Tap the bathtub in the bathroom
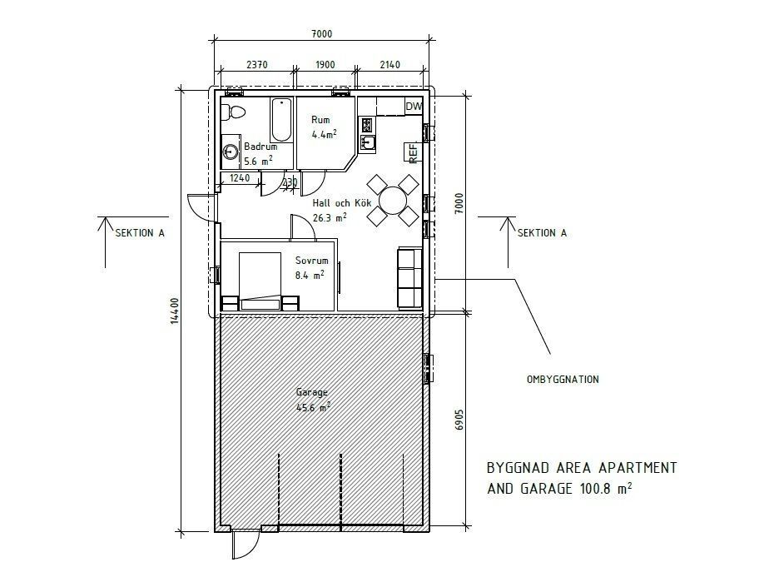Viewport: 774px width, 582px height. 282,119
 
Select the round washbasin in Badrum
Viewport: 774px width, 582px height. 231,152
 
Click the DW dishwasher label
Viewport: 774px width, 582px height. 414,106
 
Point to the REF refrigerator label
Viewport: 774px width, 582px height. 414,153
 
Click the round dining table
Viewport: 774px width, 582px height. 393,201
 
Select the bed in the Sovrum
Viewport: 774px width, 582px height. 260,281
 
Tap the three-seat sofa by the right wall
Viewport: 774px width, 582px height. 409,278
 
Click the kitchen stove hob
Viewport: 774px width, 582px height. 367,125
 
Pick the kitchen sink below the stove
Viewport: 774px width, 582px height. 368,143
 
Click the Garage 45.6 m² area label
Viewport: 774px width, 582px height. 312,400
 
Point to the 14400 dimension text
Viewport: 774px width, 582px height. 173,311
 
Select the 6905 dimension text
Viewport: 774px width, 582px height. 459,420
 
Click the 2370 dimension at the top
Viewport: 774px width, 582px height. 256,65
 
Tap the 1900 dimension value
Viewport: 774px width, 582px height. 325,65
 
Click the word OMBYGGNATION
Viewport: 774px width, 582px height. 563,380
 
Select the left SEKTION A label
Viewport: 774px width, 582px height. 140,233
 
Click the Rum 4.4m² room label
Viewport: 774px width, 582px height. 324,127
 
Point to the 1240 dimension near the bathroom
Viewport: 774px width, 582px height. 240,177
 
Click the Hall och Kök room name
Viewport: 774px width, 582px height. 341,203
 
